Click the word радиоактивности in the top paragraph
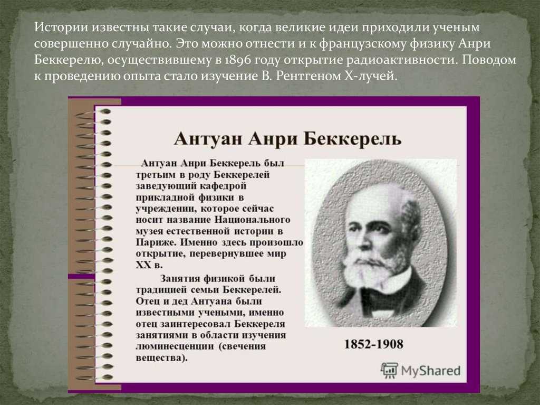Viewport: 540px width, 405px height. click(x=402, y=60)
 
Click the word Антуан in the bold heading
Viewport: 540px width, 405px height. click(x=208, y=139)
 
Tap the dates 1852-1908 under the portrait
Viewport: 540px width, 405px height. click(x=374, y=344)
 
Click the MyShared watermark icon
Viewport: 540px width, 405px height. click(x=389, y=371)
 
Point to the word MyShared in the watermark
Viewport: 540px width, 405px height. click(x=430, y=371)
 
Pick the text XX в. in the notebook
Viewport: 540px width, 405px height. click(x=149, y=265)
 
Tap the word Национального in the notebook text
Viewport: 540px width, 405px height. click(x=253, y=220)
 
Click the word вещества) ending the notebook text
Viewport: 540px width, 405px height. click(x=161, y=357)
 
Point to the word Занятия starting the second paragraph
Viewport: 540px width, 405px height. click(x=180, y=278)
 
